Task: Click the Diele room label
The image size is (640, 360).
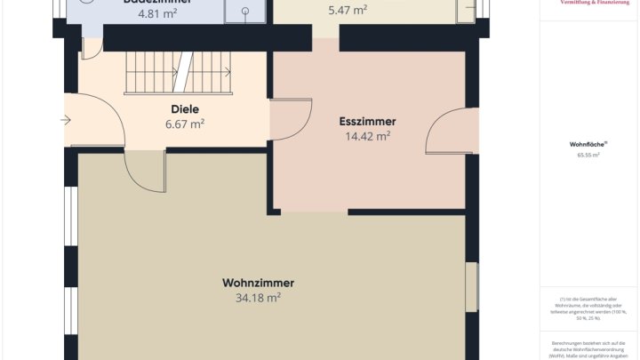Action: click(185, 109)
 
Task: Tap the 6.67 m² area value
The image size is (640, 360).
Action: click(185, 124)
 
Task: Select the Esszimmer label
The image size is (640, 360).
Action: click(367, 122)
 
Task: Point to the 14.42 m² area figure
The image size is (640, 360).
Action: click(367, 137)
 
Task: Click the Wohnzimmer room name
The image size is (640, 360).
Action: click(258, 283)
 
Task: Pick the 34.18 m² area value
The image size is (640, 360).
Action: click(258, 298)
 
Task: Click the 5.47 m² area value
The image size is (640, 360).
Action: click(348, 11)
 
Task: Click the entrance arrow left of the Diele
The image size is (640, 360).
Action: click(67, 120)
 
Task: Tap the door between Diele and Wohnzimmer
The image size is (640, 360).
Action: click(144, 169)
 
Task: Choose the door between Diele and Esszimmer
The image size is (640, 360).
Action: click(291, 120)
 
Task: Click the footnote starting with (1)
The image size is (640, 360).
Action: click(587, 307)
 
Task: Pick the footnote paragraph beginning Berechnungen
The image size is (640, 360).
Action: click(587, 349)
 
